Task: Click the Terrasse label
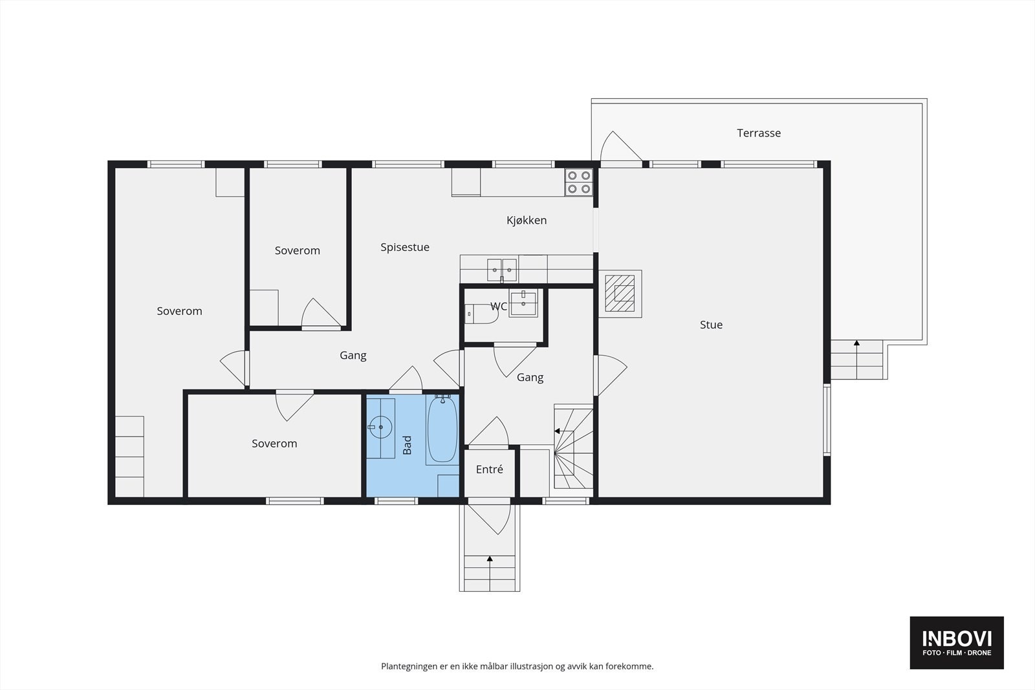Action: [759, 133]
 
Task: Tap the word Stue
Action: [711, 325]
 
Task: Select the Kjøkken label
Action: [527, 221]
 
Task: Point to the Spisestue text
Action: [405, 248]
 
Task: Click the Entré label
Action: [489, 469]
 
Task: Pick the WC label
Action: [499, 307]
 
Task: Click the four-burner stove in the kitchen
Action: [578, 182]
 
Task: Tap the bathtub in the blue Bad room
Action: [442, 429]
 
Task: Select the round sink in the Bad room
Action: [381, 427]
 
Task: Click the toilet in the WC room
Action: [481, 314]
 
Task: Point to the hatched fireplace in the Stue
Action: [620, 294]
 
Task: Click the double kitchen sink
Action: [502, 270]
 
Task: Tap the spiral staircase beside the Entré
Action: [573, 447]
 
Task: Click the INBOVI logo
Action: [957, 642]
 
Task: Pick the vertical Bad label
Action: [407, 445]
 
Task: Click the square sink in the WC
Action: [523, 303]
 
